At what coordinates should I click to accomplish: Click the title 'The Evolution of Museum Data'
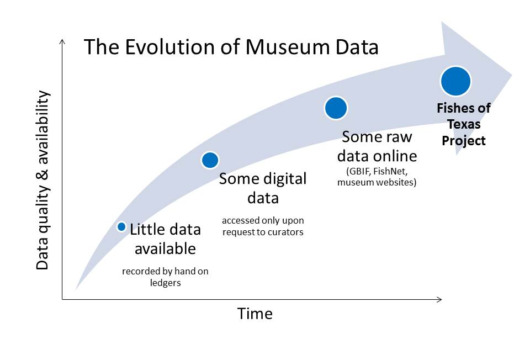(231, 47)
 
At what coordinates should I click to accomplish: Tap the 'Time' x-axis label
(255, 314)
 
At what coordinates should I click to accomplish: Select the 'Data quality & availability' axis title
(43, 180)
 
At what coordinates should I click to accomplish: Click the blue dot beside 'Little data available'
(122, 227)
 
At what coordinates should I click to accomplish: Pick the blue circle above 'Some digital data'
(210, 160)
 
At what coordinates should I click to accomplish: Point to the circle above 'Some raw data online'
(335, 108)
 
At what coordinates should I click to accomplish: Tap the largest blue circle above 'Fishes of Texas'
(455, 82)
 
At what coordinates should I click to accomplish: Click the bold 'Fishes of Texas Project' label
(464, 124)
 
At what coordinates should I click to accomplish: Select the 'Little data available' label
(165, 239)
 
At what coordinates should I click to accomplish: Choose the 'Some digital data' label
(263, 188)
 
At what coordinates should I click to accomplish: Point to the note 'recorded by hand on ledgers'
(165, 277)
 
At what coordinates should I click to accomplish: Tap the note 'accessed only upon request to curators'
(263, 226)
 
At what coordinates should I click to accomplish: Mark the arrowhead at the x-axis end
(439, 300)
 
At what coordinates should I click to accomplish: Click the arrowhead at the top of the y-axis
(62, 43)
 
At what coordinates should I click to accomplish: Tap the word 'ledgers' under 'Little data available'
(165, 283)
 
